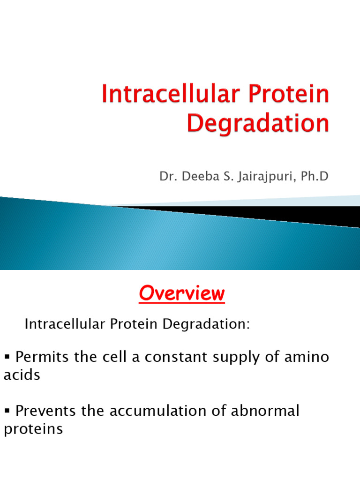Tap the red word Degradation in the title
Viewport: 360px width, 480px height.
coord(258,124)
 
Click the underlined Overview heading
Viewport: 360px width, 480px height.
coord(182,294)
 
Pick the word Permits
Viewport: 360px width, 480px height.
coord(43,358)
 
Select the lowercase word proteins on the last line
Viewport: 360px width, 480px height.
coord(33,430)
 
